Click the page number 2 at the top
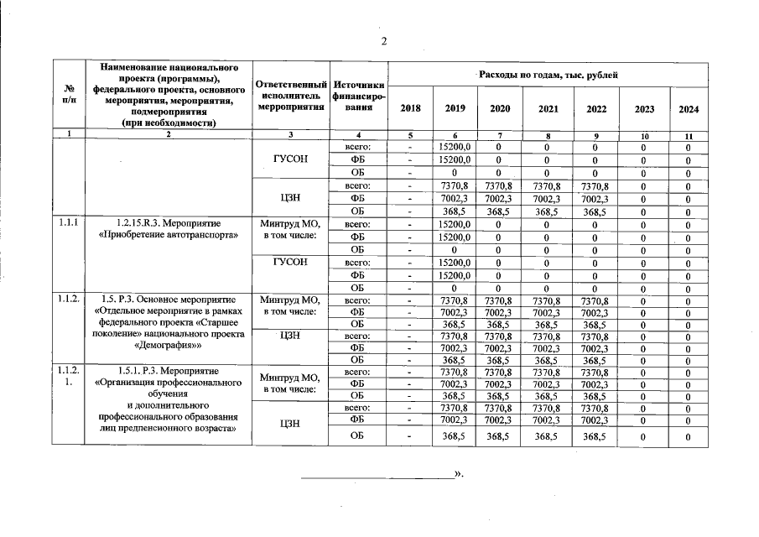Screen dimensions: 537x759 point(382,42)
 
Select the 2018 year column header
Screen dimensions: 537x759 point(410,109)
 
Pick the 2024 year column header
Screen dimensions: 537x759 point(689,109)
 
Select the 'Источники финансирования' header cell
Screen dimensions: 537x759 point(358,96)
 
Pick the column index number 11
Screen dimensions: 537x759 point(689,135)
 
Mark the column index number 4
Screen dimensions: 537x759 point(358,135)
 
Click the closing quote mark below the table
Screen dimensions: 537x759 point(459,474)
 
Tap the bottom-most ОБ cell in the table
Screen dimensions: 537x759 point(358,436)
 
